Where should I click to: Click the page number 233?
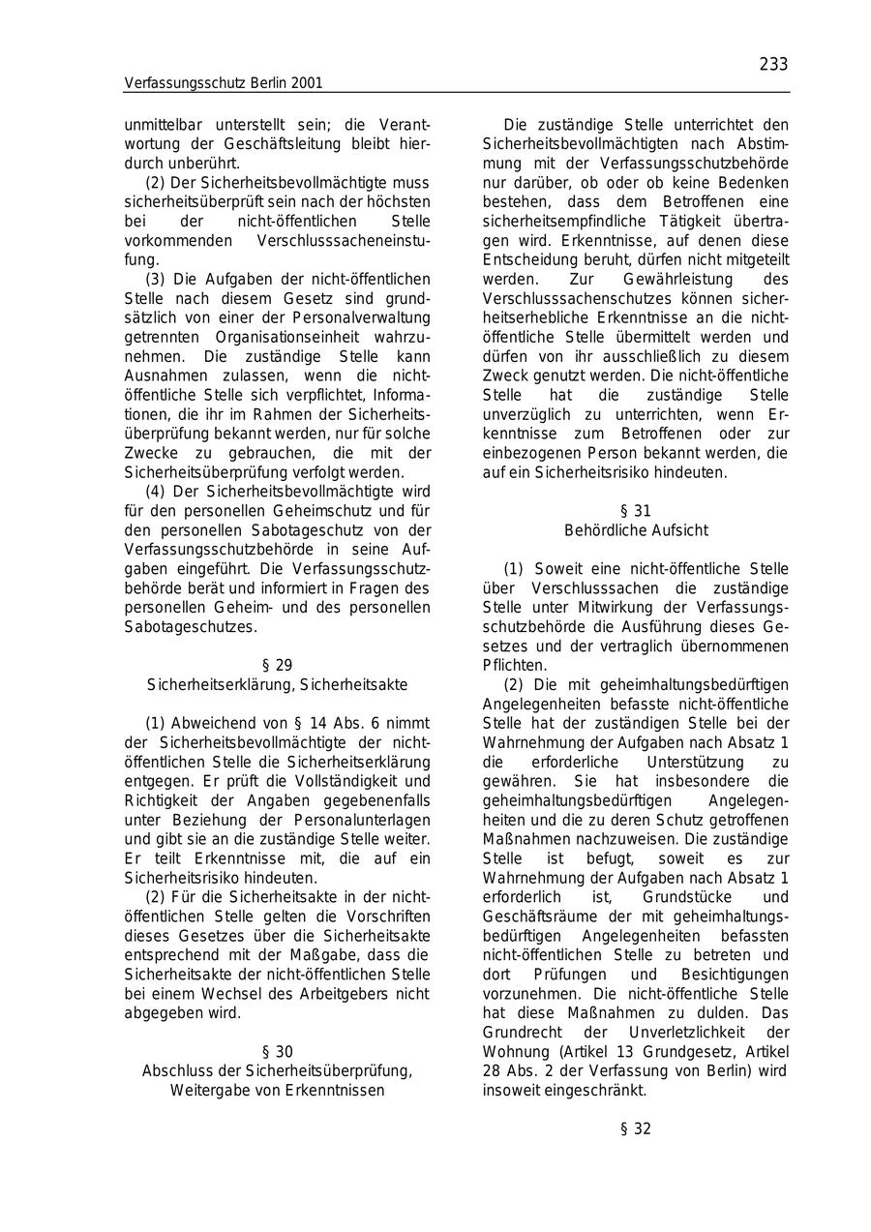(x=773, y=64)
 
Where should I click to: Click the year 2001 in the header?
(x=305, y=83)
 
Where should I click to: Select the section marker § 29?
(x=277, y=665)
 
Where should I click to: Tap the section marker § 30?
(x=277, y=1051)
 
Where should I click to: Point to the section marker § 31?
(x=636, y=511)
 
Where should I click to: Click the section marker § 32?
(x=636, y=1128)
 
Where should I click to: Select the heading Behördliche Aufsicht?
(x=636, y=530)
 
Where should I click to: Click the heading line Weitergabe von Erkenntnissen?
(x=277, y=1090)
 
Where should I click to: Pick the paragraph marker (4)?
(x=155, y=492)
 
